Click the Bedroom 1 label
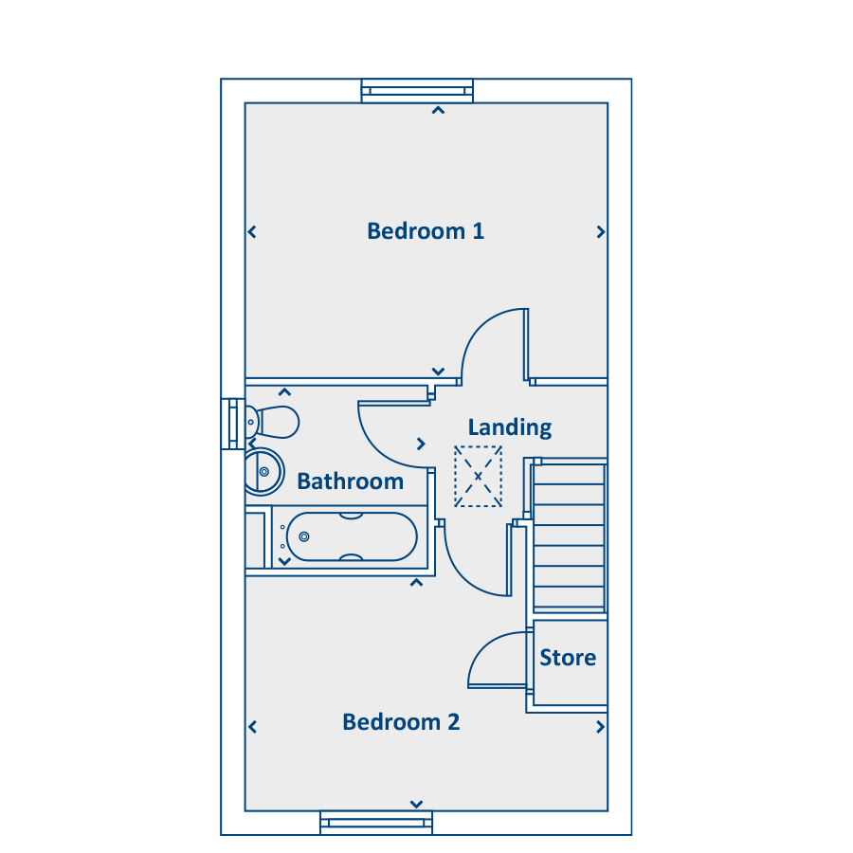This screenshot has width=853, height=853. [426, 231]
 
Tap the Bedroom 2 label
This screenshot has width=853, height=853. [401, 722]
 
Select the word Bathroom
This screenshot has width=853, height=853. [351, 481]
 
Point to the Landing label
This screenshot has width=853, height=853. [510, 427]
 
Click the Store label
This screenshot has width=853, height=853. [568, 658]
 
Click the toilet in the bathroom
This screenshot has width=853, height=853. [272, 422]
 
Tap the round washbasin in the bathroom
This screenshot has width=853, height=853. [263, 472]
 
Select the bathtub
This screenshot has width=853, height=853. [352, 537]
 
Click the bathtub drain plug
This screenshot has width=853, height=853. [304, 537]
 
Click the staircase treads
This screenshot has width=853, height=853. [569, 535]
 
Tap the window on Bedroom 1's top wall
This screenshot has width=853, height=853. [417, 91]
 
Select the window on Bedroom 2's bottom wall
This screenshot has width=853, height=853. [376, 823]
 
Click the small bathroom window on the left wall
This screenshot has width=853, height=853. [233, 424]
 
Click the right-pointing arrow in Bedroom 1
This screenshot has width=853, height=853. [601, 232]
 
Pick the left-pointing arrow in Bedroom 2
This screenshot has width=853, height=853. [252, 727]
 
